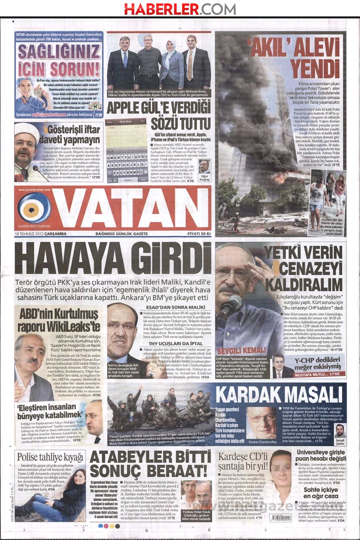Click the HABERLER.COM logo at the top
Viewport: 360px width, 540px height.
[x=180, y=9]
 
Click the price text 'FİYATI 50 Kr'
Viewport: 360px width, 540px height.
[x=199, y=234]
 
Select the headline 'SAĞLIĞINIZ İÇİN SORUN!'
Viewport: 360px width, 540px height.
[x=59, y=60]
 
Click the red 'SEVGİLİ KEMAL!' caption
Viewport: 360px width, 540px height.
[x=242, y=351]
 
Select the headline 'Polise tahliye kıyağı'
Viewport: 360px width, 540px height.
[x=50, y=457]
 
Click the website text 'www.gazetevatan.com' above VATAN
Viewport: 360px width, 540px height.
[x=34, y=189]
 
